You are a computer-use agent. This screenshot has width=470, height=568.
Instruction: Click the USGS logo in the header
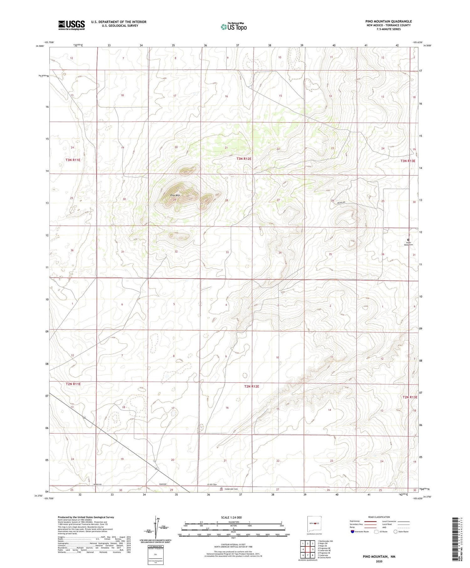pyautogui.click(x=71, y=25)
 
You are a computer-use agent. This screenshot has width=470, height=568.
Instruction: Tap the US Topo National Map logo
pyautogui.click(x=233, y=27)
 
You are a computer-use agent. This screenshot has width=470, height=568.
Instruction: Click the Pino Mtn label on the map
pyautogui.click(x=175, y=195)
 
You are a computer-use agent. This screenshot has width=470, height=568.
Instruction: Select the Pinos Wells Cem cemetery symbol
pyautogui.click(x=408, y=240)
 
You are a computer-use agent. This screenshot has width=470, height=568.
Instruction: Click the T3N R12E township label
pyautogui.click(x=244, y=159)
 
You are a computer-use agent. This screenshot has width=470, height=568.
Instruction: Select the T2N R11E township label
pyautogui.click(x=73, y=384)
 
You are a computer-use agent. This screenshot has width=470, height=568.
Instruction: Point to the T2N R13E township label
pyautogui.click(x=410, y=397)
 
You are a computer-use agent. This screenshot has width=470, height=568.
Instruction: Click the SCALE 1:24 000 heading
pyautogui.click(x=231, y=517)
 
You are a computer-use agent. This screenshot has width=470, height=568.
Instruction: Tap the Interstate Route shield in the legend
pyautogui.click(x=352, y=532)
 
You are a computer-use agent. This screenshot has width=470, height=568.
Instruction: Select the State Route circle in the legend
pyautogui.click(x=395, y=532)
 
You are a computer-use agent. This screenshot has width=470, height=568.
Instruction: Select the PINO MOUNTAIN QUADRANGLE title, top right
pyautogui.click(x=388, y=21)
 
